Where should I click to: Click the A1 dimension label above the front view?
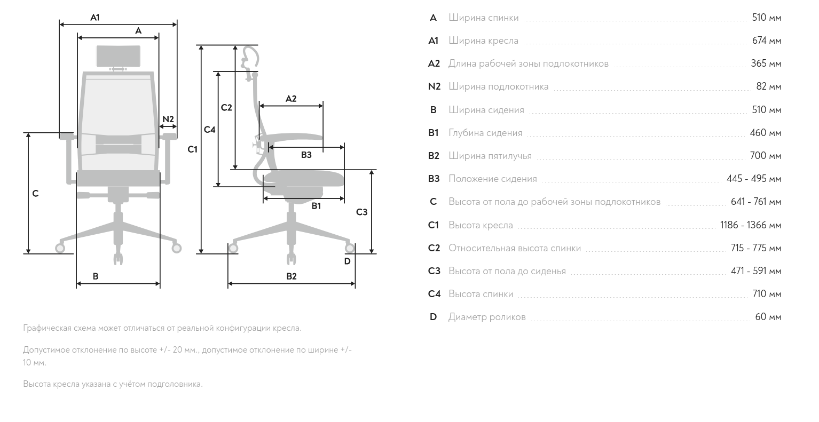94,18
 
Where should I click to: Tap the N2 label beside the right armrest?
168,119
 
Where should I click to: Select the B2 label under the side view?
291,276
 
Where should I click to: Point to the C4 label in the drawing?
210,130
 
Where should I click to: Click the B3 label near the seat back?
306,155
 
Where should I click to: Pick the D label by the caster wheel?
347,261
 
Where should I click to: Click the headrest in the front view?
119,57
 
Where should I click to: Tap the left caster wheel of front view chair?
60,248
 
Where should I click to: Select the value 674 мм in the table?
766,41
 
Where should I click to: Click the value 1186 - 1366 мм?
750,225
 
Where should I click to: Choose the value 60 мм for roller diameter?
768,317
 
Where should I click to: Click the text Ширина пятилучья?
490,156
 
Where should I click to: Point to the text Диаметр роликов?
487,317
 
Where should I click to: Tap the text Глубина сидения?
485,133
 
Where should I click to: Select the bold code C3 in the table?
434,271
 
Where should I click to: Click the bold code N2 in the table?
434,86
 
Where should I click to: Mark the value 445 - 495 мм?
753,179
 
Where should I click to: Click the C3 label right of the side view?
361,212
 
